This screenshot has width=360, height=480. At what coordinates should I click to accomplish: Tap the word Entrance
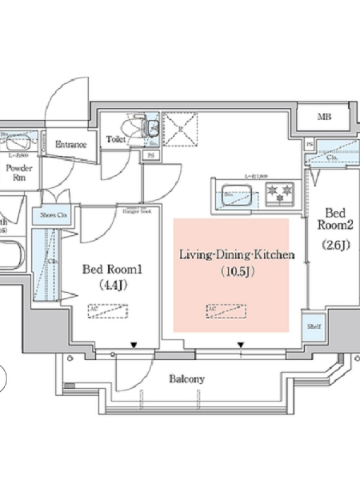pos(71,145)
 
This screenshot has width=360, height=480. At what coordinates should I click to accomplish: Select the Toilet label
pos(116,139)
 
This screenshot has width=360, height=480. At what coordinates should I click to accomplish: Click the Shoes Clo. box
pos(55,215)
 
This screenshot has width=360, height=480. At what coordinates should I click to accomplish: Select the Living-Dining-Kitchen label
pos(237,255)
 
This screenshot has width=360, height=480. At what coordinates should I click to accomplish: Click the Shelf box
pos(313,326)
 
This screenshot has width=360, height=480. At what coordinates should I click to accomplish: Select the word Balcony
pos(187,379)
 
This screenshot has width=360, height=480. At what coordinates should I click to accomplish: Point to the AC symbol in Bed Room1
pos(109,311)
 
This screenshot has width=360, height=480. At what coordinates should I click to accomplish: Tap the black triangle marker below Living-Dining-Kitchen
pos(240,345)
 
